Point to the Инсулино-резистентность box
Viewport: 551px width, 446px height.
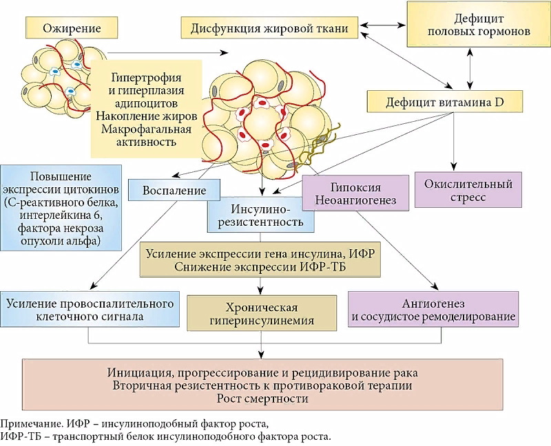click(260, 215)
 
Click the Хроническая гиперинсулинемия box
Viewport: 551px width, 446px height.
click(261, 313)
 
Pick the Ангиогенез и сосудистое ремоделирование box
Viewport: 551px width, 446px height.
click(433, 310)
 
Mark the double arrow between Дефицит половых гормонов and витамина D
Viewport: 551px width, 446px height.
click(468, 70)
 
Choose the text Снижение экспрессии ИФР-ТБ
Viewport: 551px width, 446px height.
click(260, 266)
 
